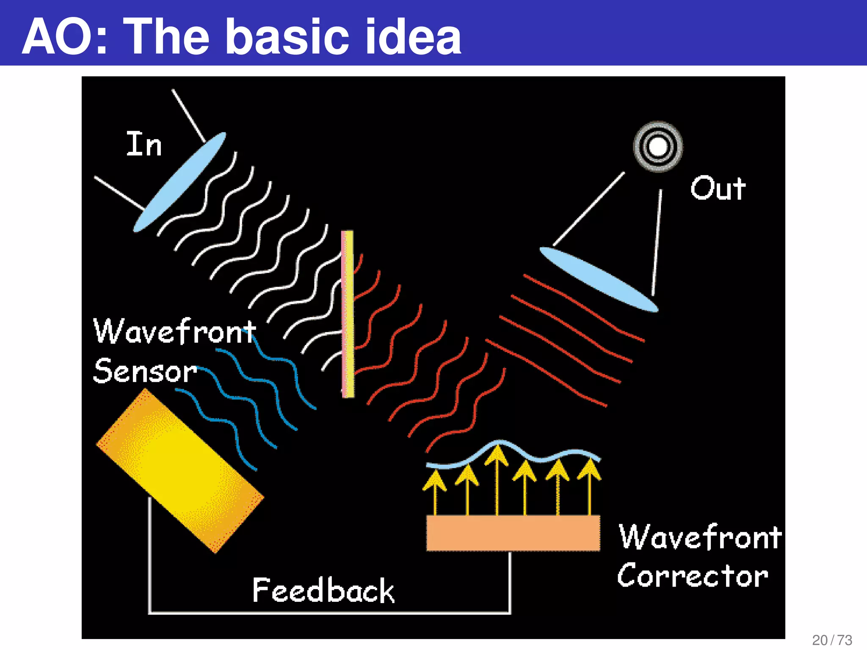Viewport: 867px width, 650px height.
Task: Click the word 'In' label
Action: pyautogui.click(x=144, y=144)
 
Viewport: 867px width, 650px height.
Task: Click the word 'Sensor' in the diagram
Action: pyautogui.click(x=145, y=371)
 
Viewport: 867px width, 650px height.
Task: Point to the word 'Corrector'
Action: pyautogui.click(x=693, y=576)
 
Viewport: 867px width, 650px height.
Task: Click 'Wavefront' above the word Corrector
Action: pyautogui.click(x=700, y=537)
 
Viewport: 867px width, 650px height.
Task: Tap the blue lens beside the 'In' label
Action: pyautogui.click(x=180, y=182)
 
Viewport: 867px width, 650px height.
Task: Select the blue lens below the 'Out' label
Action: pyautogui.click(x=599, y=279)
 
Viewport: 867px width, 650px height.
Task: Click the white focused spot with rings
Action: pyautogui.click(x=658, y=147)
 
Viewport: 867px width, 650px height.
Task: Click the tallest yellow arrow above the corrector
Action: pyautogui.click(x=497, y=478)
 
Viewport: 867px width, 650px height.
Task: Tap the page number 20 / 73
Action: pyautogui.click(x=832, y=640)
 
